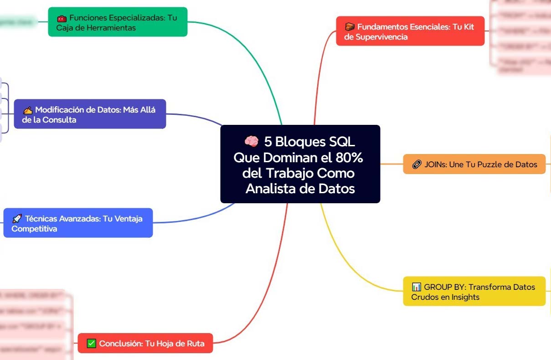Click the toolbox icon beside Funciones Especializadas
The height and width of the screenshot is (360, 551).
61,19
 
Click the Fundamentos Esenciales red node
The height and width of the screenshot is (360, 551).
410,31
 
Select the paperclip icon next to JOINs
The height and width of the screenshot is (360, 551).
416,165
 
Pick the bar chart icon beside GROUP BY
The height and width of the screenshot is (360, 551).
416,287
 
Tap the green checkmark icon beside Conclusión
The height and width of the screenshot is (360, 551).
91,344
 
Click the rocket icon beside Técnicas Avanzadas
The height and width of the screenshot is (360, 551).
17,219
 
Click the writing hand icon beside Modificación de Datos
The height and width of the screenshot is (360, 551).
27,110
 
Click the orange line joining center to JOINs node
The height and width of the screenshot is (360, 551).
391,164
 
